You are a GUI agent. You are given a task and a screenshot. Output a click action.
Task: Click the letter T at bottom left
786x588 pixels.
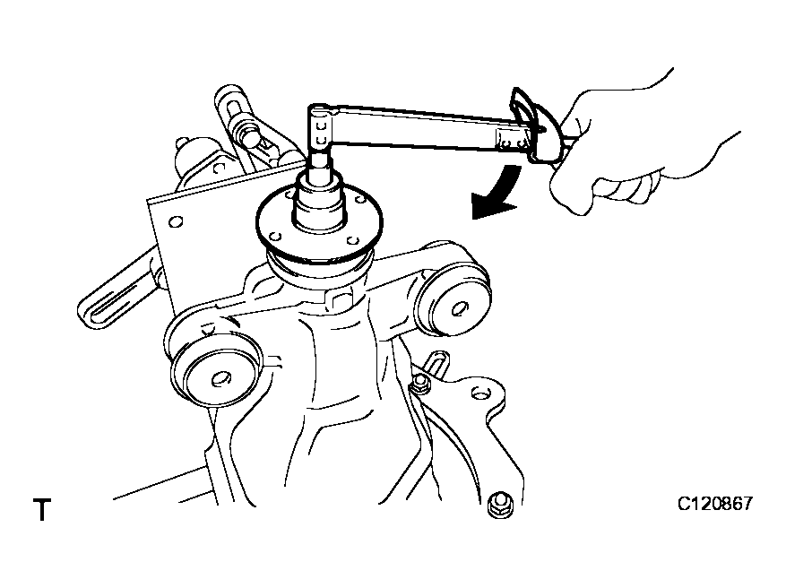43,509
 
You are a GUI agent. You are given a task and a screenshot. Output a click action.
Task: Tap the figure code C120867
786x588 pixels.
715,503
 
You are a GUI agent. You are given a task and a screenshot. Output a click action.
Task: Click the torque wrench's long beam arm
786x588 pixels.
421,128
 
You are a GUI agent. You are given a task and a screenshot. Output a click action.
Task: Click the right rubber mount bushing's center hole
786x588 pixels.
459,308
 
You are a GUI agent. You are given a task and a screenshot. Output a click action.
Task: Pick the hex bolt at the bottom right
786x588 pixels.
500,506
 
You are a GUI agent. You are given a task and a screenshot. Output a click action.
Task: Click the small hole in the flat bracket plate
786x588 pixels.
175,221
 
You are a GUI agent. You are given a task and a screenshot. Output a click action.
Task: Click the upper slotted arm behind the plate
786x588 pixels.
246,125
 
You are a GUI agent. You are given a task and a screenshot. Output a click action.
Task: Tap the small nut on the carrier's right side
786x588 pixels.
420,384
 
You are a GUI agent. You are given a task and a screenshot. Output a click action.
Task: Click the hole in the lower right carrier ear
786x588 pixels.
479,394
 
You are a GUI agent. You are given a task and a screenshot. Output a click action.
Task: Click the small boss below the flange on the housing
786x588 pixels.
341,299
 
